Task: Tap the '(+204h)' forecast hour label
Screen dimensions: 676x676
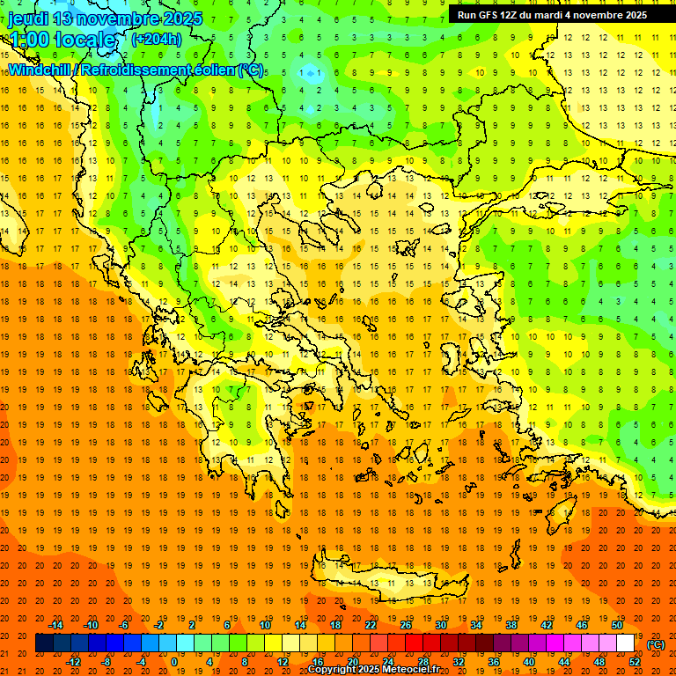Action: [x=156, y=39]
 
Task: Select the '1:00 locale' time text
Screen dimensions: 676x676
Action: [x=62, y=40]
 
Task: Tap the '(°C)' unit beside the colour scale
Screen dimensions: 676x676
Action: [x=656, y=644]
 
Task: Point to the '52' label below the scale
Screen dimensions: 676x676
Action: [x=635, y=662]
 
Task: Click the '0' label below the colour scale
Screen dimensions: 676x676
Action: [x=173, y=662]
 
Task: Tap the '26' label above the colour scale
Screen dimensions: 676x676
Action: [x=406, y=625]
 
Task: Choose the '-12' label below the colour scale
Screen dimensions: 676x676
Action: [x=73, y=662]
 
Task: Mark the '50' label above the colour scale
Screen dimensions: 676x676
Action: [x=616, y=625]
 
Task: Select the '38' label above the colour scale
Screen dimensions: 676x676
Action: [x=511, y=625]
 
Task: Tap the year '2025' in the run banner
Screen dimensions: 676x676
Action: [x=633, y=15]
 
